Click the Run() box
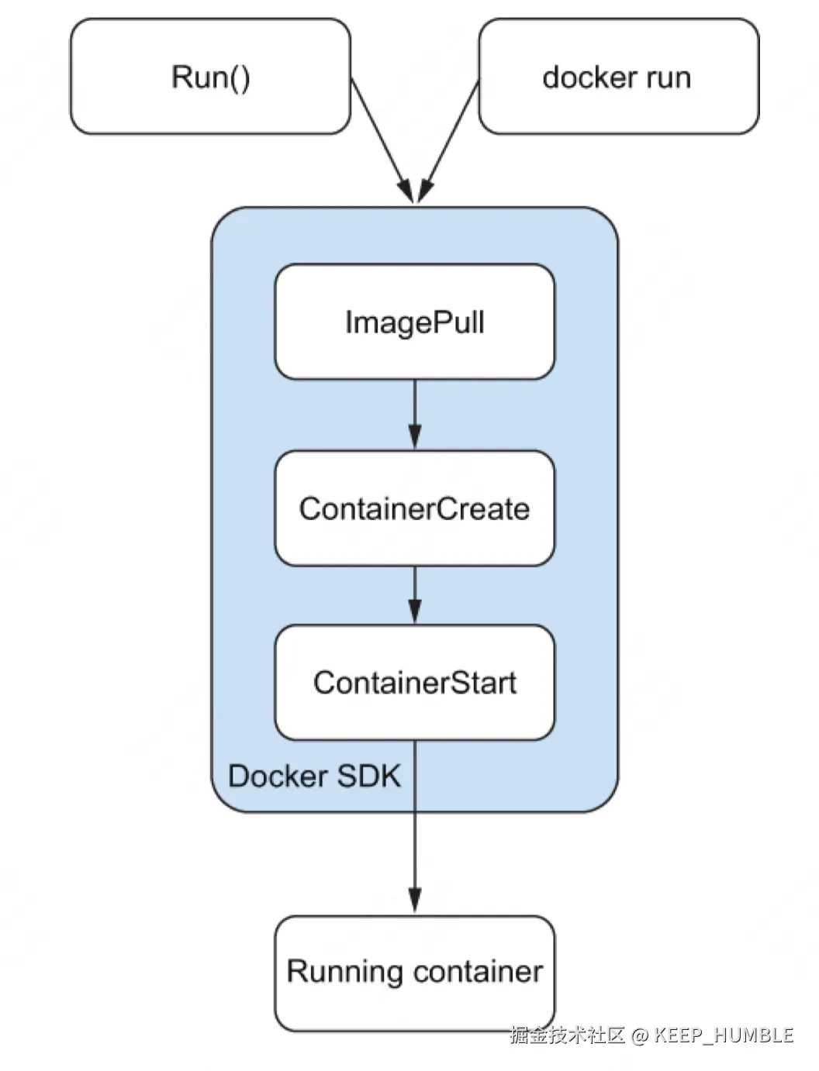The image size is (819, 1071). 210,77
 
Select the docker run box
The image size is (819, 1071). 618,77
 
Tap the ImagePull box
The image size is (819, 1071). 415,322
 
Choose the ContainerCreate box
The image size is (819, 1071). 415,508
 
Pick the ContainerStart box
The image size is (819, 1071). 415,682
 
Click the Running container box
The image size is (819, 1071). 415,973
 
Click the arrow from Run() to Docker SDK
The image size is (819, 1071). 380,139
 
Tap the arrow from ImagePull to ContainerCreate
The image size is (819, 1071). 415,415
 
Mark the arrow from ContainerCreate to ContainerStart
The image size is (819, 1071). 415,595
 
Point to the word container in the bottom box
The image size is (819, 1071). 478,972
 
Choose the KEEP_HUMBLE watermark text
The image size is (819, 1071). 724,1035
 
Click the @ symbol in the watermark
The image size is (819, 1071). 640,1035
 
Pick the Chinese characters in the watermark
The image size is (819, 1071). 568,1035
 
